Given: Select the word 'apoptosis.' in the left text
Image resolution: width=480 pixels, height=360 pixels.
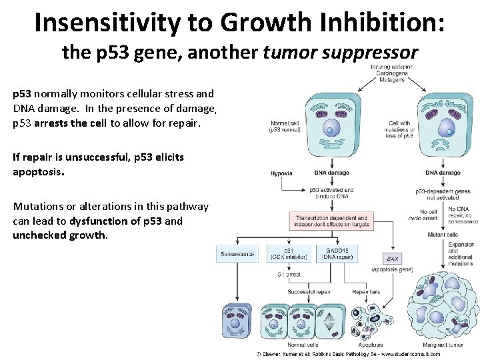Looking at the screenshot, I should tap(39, 171).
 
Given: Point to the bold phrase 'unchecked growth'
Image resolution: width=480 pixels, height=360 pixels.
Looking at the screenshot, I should tap(59, 235).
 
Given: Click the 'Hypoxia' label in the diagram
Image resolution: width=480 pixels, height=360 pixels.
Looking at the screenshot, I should tap(281, 173).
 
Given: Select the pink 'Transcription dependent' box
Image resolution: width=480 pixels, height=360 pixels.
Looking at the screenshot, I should tap(331, 221).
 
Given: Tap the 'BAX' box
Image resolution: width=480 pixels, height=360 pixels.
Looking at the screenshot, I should tap(393, 258).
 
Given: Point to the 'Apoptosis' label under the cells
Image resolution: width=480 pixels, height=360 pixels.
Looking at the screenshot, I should tap(371, 345).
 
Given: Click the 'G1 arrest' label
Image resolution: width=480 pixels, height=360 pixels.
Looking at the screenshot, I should tap(289, 274).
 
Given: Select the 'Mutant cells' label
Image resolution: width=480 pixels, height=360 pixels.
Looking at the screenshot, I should tap(443, 235).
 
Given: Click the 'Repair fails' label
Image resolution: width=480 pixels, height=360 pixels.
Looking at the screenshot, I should tap(365, 292).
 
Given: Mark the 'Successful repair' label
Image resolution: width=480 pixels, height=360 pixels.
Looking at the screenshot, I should tap(309, 292).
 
